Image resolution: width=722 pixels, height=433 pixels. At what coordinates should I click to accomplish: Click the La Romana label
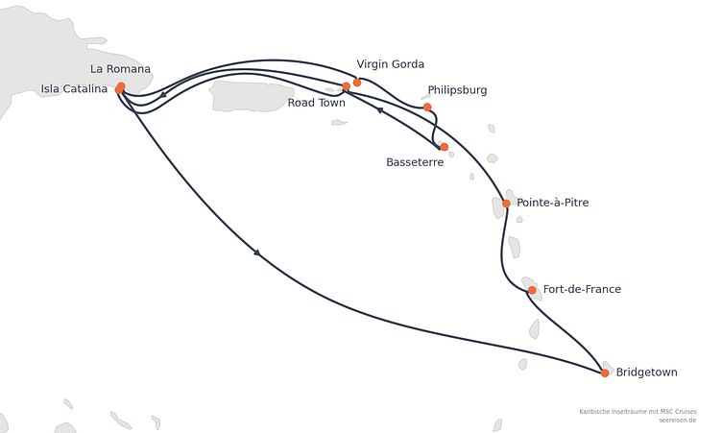120,69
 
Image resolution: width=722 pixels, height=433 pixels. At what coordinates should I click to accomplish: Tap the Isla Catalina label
74,89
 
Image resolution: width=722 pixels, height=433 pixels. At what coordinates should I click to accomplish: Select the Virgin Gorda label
391,64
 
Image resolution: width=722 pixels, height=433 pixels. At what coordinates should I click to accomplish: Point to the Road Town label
316,103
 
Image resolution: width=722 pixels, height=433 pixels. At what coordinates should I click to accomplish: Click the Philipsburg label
457,90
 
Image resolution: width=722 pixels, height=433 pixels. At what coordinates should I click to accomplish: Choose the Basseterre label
415,162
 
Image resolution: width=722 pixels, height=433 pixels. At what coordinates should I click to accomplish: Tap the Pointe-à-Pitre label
553,203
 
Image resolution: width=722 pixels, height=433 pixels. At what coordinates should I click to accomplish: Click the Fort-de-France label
582,289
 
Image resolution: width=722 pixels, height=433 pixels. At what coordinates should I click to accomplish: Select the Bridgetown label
646,373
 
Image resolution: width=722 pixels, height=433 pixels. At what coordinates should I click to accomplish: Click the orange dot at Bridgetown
605,373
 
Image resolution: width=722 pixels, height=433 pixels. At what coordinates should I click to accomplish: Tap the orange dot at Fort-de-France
532,290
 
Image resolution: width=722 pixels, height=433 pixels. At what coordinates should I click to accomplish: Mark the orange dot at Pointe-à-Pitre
506,204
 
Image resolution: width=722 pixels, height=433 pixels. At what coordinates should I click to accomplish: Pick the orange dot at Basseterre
444,147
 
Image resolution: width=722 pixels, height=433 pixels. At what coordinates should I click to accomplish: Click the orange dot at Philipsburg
427,108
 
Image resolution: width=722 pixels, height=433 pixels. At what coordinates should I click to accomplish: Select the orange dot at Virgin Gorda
357,83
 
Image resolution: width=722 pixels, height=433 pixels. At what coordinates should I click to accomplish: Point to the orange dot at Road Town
347,86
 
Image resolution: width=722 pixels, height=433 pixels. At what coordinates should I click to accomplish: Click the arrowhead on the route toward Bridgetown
257,253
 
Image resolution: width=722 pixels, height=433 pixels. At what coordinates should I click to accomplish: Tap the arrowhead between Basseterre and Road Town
379,109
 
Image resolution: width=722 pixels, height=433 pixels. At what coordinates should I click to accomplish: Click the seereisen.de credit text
677,421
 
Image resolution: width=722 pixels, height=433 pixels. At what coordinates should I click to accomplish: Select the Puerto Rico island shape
252,96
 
